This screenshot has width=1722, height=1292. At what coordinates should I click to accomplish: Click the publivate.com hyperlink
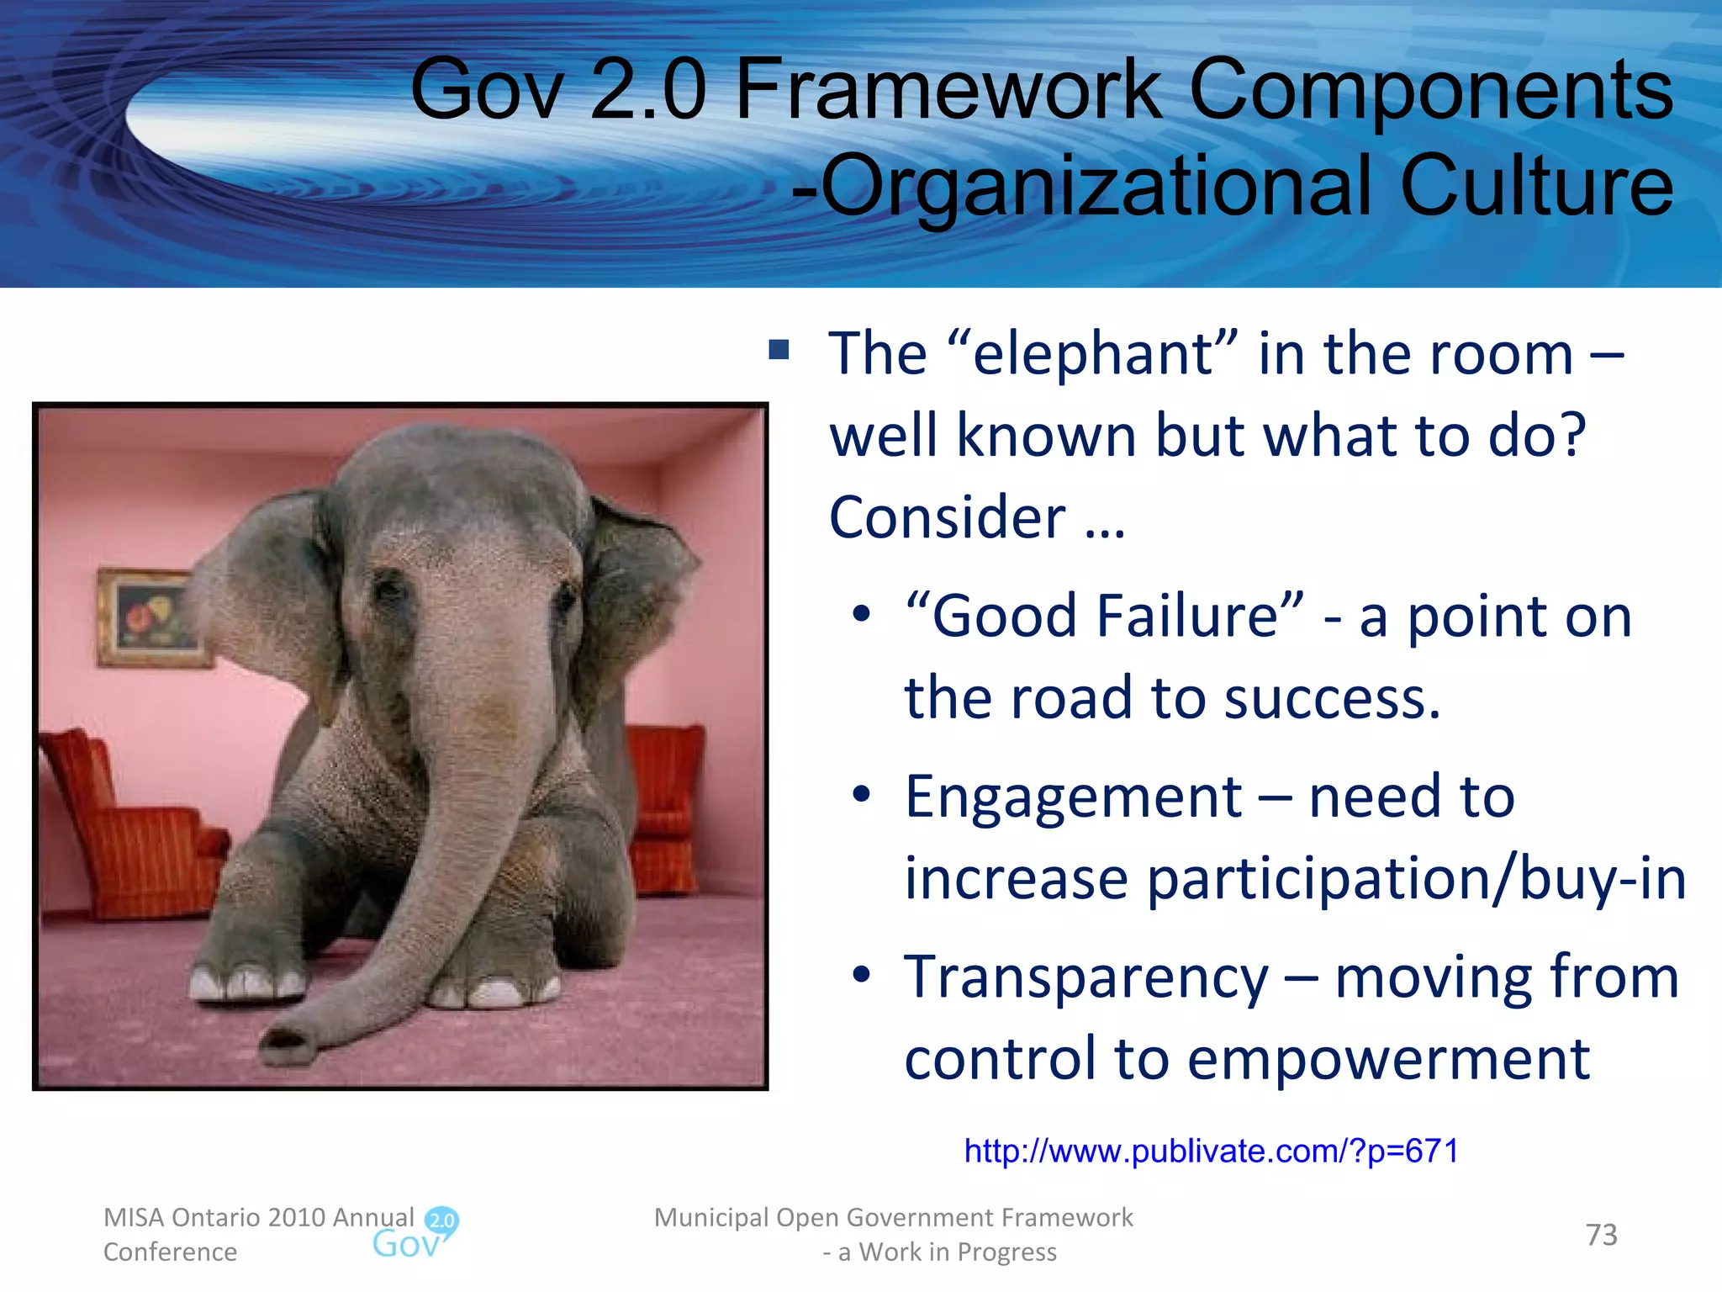(x=1211, y=1151)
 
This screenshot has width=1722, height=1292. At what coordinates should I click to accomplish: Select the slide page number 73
(x=1601, y=1235)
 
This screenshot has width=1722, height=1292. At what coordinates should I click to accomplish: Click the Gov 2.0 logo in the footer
(x=416, y=1235)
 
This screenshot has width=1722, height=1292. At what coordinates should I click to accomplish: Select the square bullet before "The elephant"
(x=779, y=349)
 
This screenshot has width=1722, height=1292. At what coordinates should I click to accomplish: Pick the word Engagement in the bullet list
(x=1073, y=797)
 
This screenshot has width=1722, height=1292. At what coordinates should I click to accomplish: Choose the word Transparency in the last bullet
(x=1085, y=978)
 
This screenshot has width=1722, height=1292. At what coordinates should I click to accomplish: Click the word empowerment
(x=1387, y=1059)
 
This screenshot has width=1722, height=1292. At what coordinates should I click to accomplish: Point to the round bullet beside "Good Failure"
(x=861, y=614)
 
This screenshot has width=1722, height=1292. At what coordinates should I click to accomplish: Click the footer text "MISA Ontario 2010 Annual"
(x=258, y=1217)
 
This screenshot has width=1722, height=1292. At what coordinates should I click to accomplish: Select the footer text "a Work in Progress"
(x=947, y=1252)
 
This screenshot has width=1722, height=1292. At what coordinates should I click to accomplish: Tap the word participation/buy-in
(x=1416, y=880)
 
